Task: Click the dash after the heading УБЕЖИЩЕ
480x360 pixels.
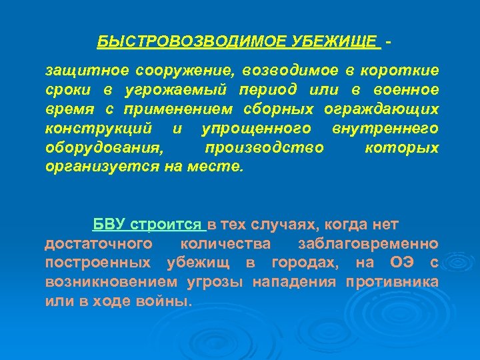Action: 388,41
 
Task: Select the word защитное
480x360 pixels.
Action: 86,70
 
